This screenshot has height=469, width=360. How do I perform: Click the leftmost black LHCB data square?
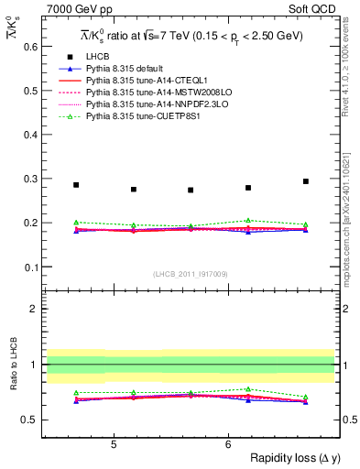[x=76, y=185]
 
